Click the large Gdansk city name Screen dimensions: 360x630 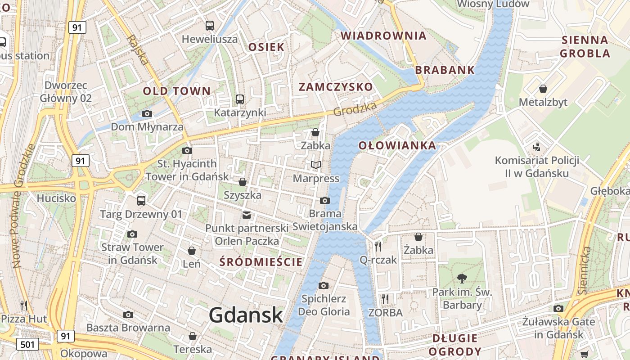coord(246,315)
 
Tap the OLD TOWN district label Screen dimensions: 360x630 coord(177,91)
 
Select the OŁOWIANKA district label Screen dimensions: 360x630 coord(397,145)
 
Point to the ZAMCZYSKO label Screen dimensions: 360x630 coord(336,87)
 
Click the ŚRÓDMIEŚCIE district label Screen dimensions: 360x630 coord(261,262)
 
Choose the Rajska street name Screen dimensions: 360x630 coord(137,49)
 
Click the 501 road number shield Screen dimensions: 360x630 coord(27,345)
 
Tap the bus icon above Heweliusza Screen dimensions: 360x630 coord(210,25)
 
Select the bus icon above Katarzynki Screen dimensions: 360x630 coord(240,99)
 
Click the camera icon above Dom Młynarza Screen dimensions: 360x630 coord(147,113)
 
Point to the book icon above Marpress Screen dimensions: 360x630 coord(316,165)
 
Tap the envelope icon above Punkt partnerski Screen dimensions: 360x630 coord(247,215)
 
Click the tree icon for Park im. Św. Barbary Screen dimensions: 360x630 coord(462,279)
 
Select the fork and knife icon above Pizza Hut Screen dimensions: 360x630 coord(24,306)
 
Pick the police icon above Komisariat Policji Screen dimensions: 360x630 coord(536,147)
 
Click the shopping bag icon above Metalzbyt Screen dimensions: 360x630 coord(543,88)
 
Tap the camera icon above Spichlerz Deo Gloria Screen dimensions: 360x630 coord(323,285)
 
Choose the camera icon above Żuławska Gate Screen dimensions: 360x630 coord(558,308)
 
